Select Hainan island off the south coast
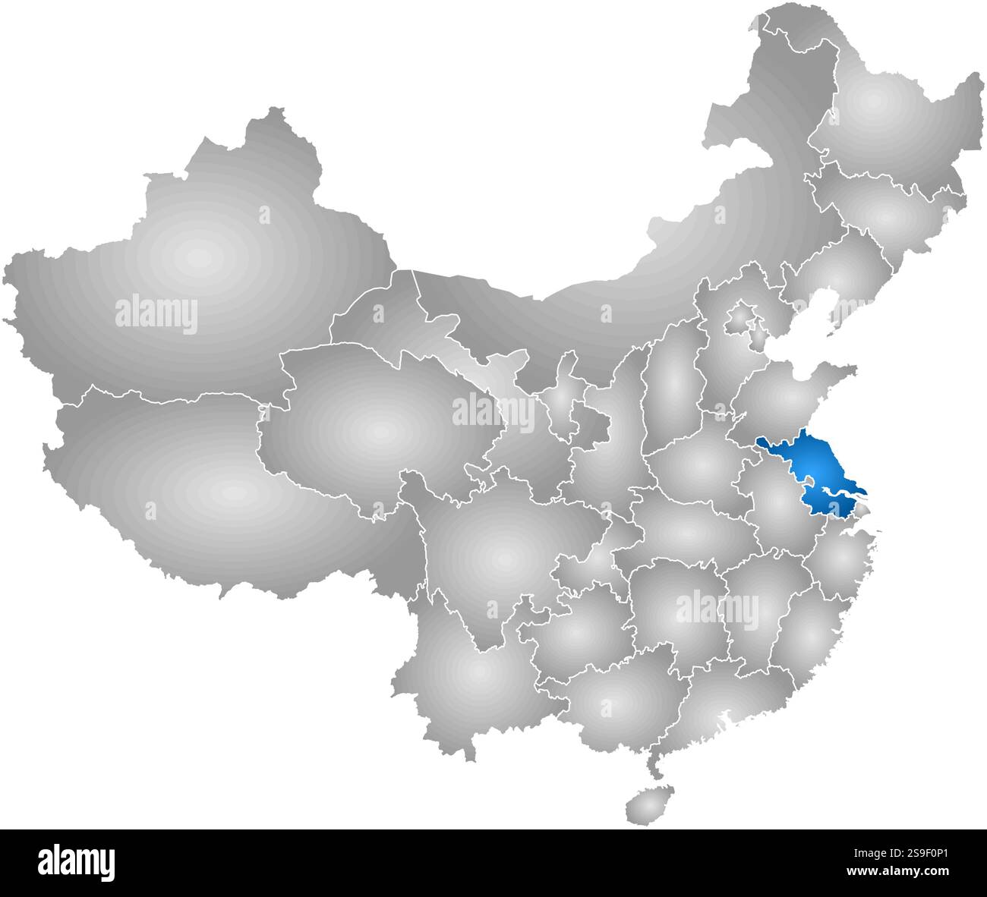pyautogui.click(x=645, y=801)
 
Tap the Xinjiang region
pyautogui.click(x=197, y=258)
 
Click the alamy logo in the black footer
pyautogui.click(x=77, y=862)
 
